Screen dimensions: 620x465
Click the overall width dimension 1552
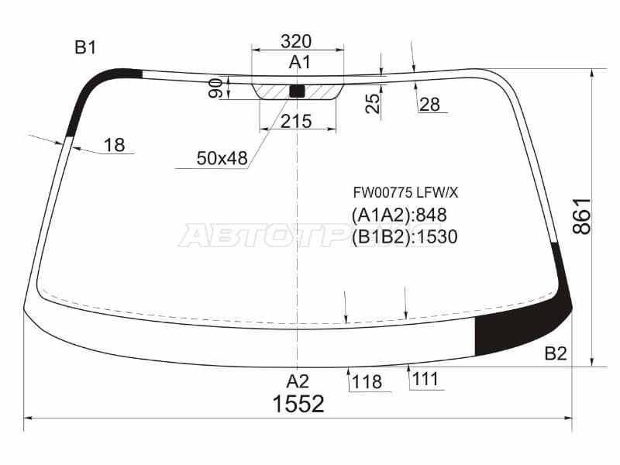click(298, 404)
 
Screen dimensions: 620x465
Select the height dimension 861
click(582, 217)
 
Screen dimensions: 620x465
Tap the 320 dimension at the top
click(296, 41)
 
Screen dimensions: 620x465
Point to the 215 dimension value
click(296, 121)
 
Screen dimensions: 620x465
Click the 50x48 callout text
click(222, 158)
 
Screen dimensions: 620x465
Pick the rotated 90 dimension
click(215, 88)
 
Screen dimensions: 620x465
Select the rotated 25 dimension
click(373, 104)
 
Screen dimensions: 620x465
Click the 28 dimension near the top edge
click(430, 105)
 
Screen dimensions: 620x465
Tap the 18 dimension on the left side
click(114, 145)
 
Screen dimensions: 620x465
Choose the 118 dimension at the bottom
click(367, 382)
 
